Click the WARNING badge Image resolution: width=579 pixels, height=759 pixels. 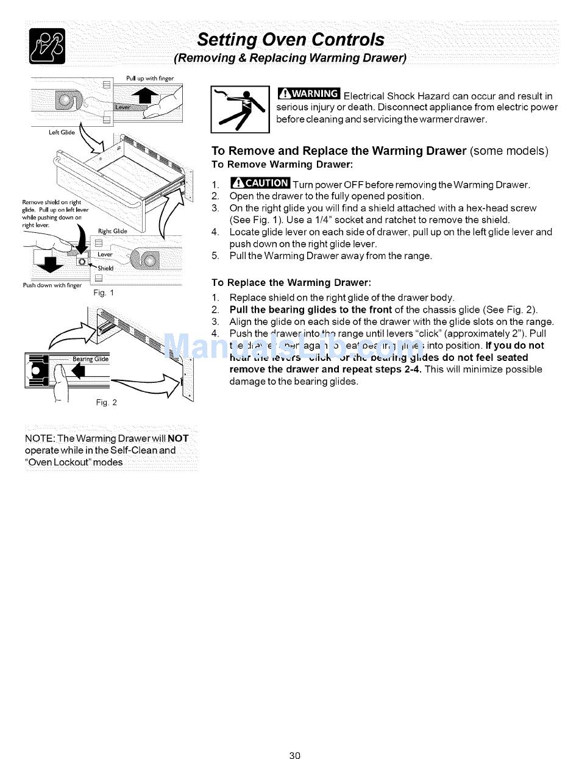tap(308, 93)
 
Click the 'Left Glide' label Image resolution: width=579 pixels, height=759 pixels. tap(45, 131)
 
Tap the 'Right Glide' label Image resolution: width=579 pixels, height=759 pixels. tap(112, 231)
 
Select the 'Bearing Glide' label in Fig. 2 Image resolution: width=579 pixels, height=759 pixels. tap(90, 359)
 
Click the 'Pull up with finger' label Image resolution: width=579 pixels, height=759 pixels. tap(149, 78)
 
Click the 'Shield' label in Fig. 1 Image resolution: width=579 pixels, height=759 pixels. tap(105, 268)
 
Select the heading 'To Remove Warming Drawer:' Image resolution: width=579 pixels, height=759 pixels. tap(282, 165)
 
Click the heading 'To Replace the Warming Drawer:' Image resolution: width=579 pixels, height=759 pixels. tap(291, 283)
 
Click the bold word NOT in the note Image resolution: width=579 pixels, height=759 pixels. tap(178, 438)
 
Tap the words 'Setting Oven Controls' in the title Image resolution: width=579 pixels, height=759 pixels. tap(291, 40)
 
